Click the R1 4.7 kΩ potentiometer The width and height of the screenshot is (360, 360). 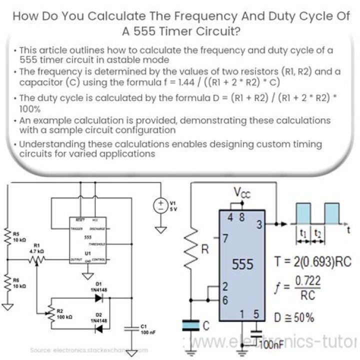tap(35, 259)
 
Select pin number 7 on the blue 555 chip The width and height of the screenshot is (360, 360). tap(225, 238)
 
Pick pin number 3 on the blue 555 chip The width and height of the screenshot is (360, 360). tap(258, 225)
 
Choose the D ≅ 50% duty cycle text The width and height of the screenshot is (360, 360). tap(295, 316)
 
